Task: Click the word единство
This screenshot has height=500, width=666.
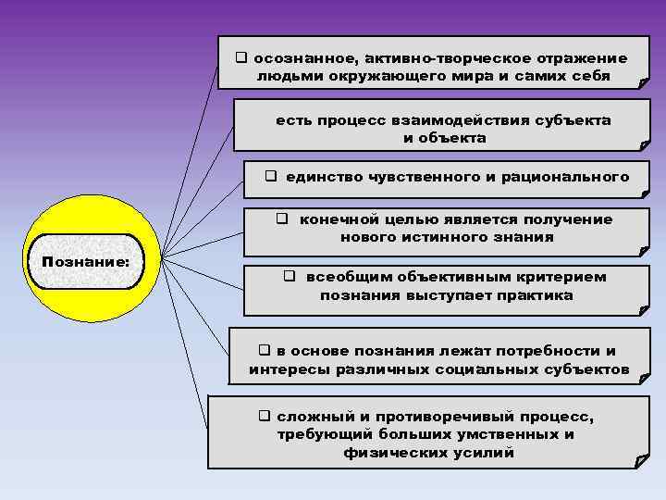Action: (x=323, y=176)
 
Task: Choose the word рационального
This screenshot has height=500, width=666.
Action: (x=565, y=176)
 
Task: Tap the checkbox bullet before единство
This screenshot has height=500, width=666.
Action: (x=272, y=176)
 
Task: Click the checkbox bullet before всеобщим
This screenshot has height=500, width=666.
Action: (x=289, y=277)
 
